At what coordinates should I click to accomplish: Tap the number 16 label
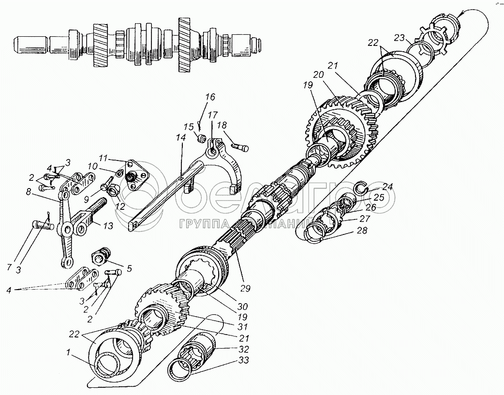209,97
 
